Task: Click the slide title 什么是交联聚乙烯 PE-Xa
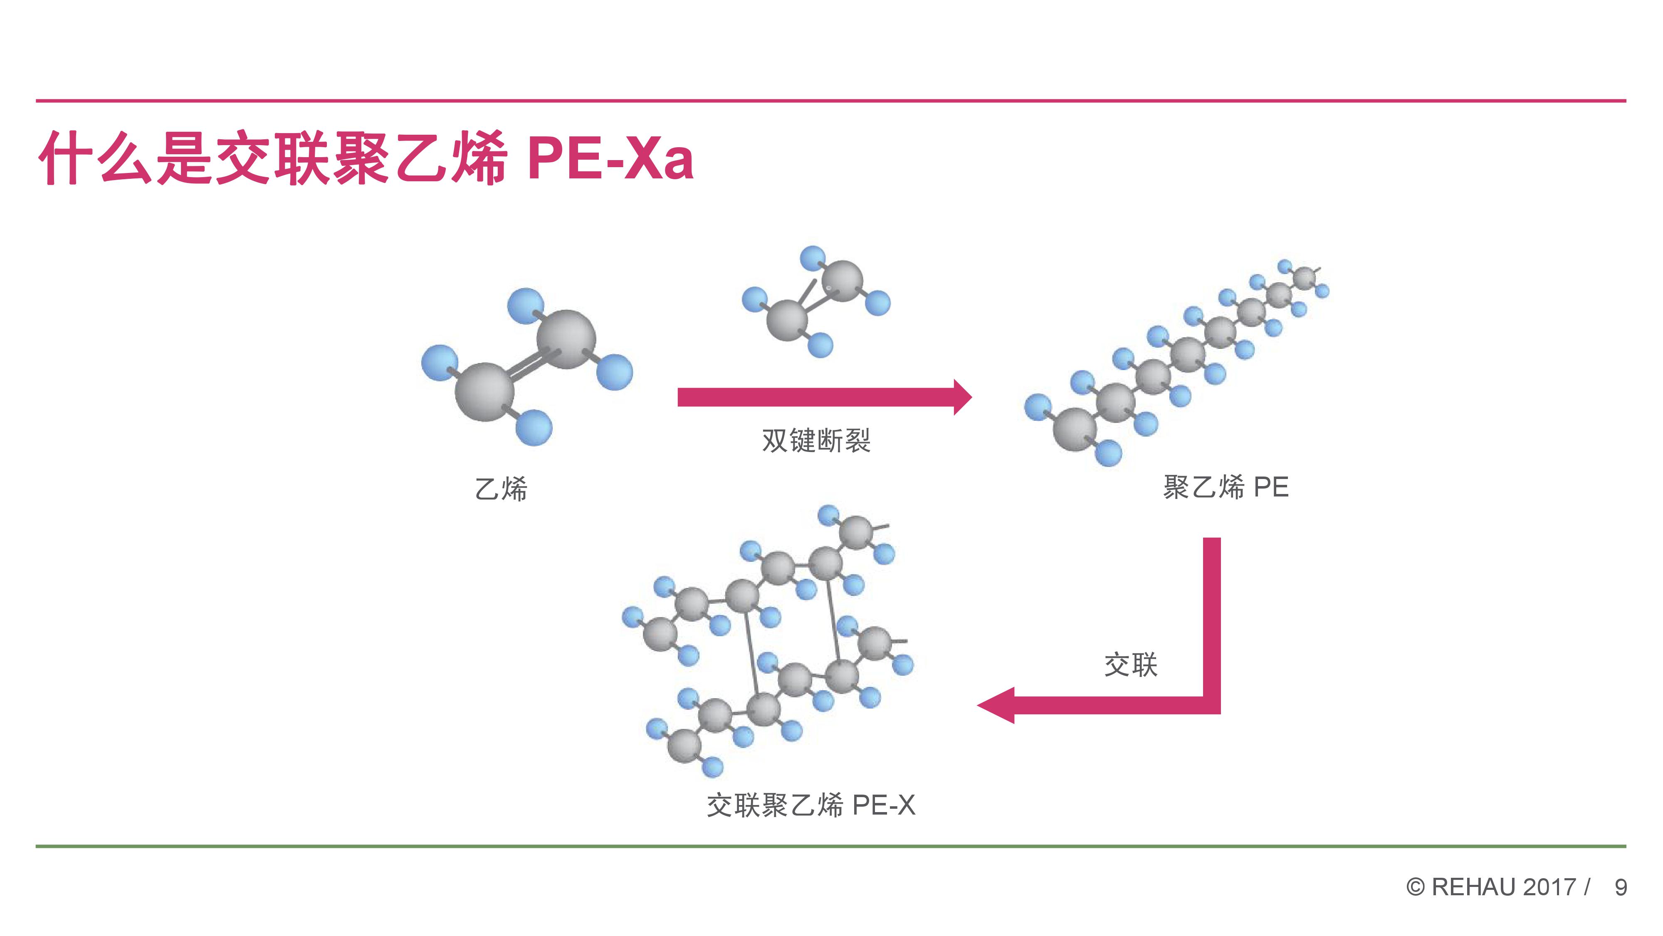coord(366,158)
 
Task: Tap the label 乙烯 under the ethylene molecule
coord(501,489)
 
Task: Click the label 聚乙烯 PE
coord(1225,487)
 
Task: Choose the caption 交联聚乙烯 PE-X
coord(811,805)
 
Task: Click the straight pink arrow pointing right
coord(824,397)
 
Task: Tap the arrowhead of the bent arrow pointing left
coord(996,705)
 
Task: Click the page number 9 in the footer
coord(1621,888)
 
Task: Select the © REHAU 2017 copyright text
coord(1491,888)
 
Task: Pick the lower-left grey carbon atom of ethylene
coord(485,392)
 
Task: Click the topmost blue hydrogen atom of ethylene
coord(526,306)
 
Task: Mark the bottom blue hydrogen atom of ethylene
coord(534,427)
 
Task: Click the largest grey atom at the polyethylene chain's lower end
coord(1075,429)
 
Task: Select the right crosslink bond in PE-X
coord(833,620)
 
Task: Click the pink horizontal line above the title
coord(831,101)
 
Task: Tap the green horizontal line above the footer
coord(831,846)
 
